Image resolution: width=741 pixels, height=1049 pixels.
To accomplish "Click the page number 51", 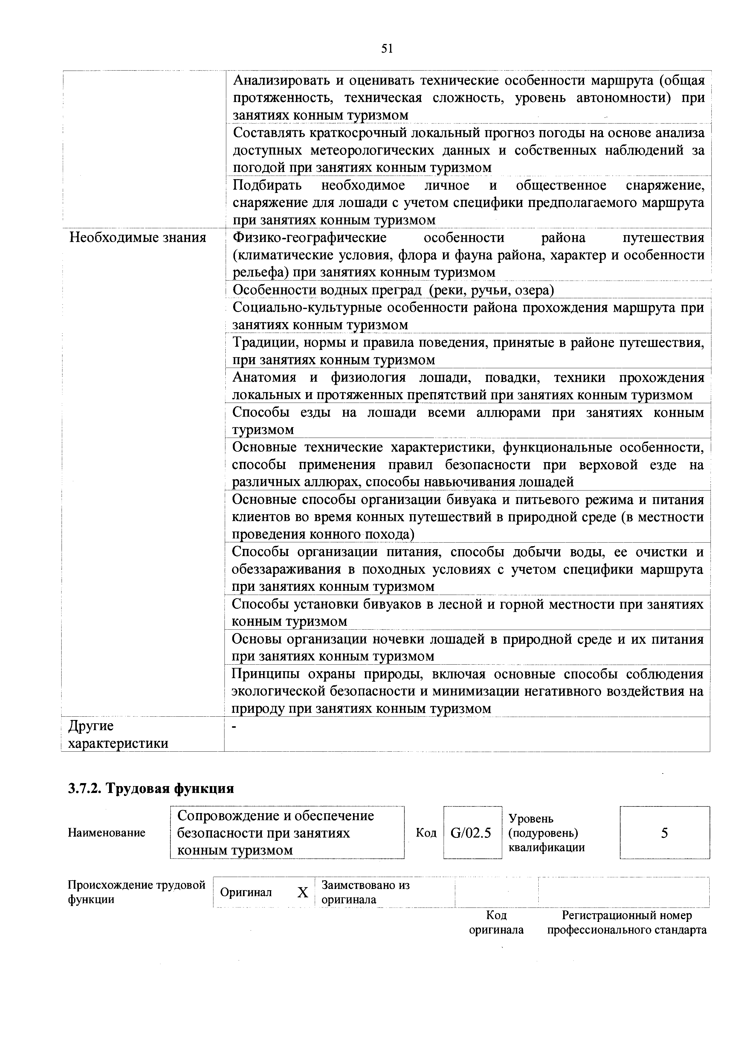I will tap(387, 48).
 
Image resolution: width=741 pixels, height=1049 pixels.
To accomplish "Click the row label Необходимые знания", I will tap(137, 237).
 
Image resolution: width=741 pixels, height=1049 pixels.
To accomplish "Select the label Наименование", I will tap(106, 833).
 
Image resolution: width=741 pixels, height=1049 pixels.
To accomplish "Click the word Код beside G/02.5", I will tap(426, 833).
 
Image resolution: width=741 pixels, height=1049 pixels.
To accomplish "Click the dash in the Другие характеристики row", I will tap(235, 727).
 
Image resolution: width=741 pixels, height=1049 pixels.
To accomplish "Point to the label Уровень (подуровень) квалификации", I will tap(546, 833).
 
